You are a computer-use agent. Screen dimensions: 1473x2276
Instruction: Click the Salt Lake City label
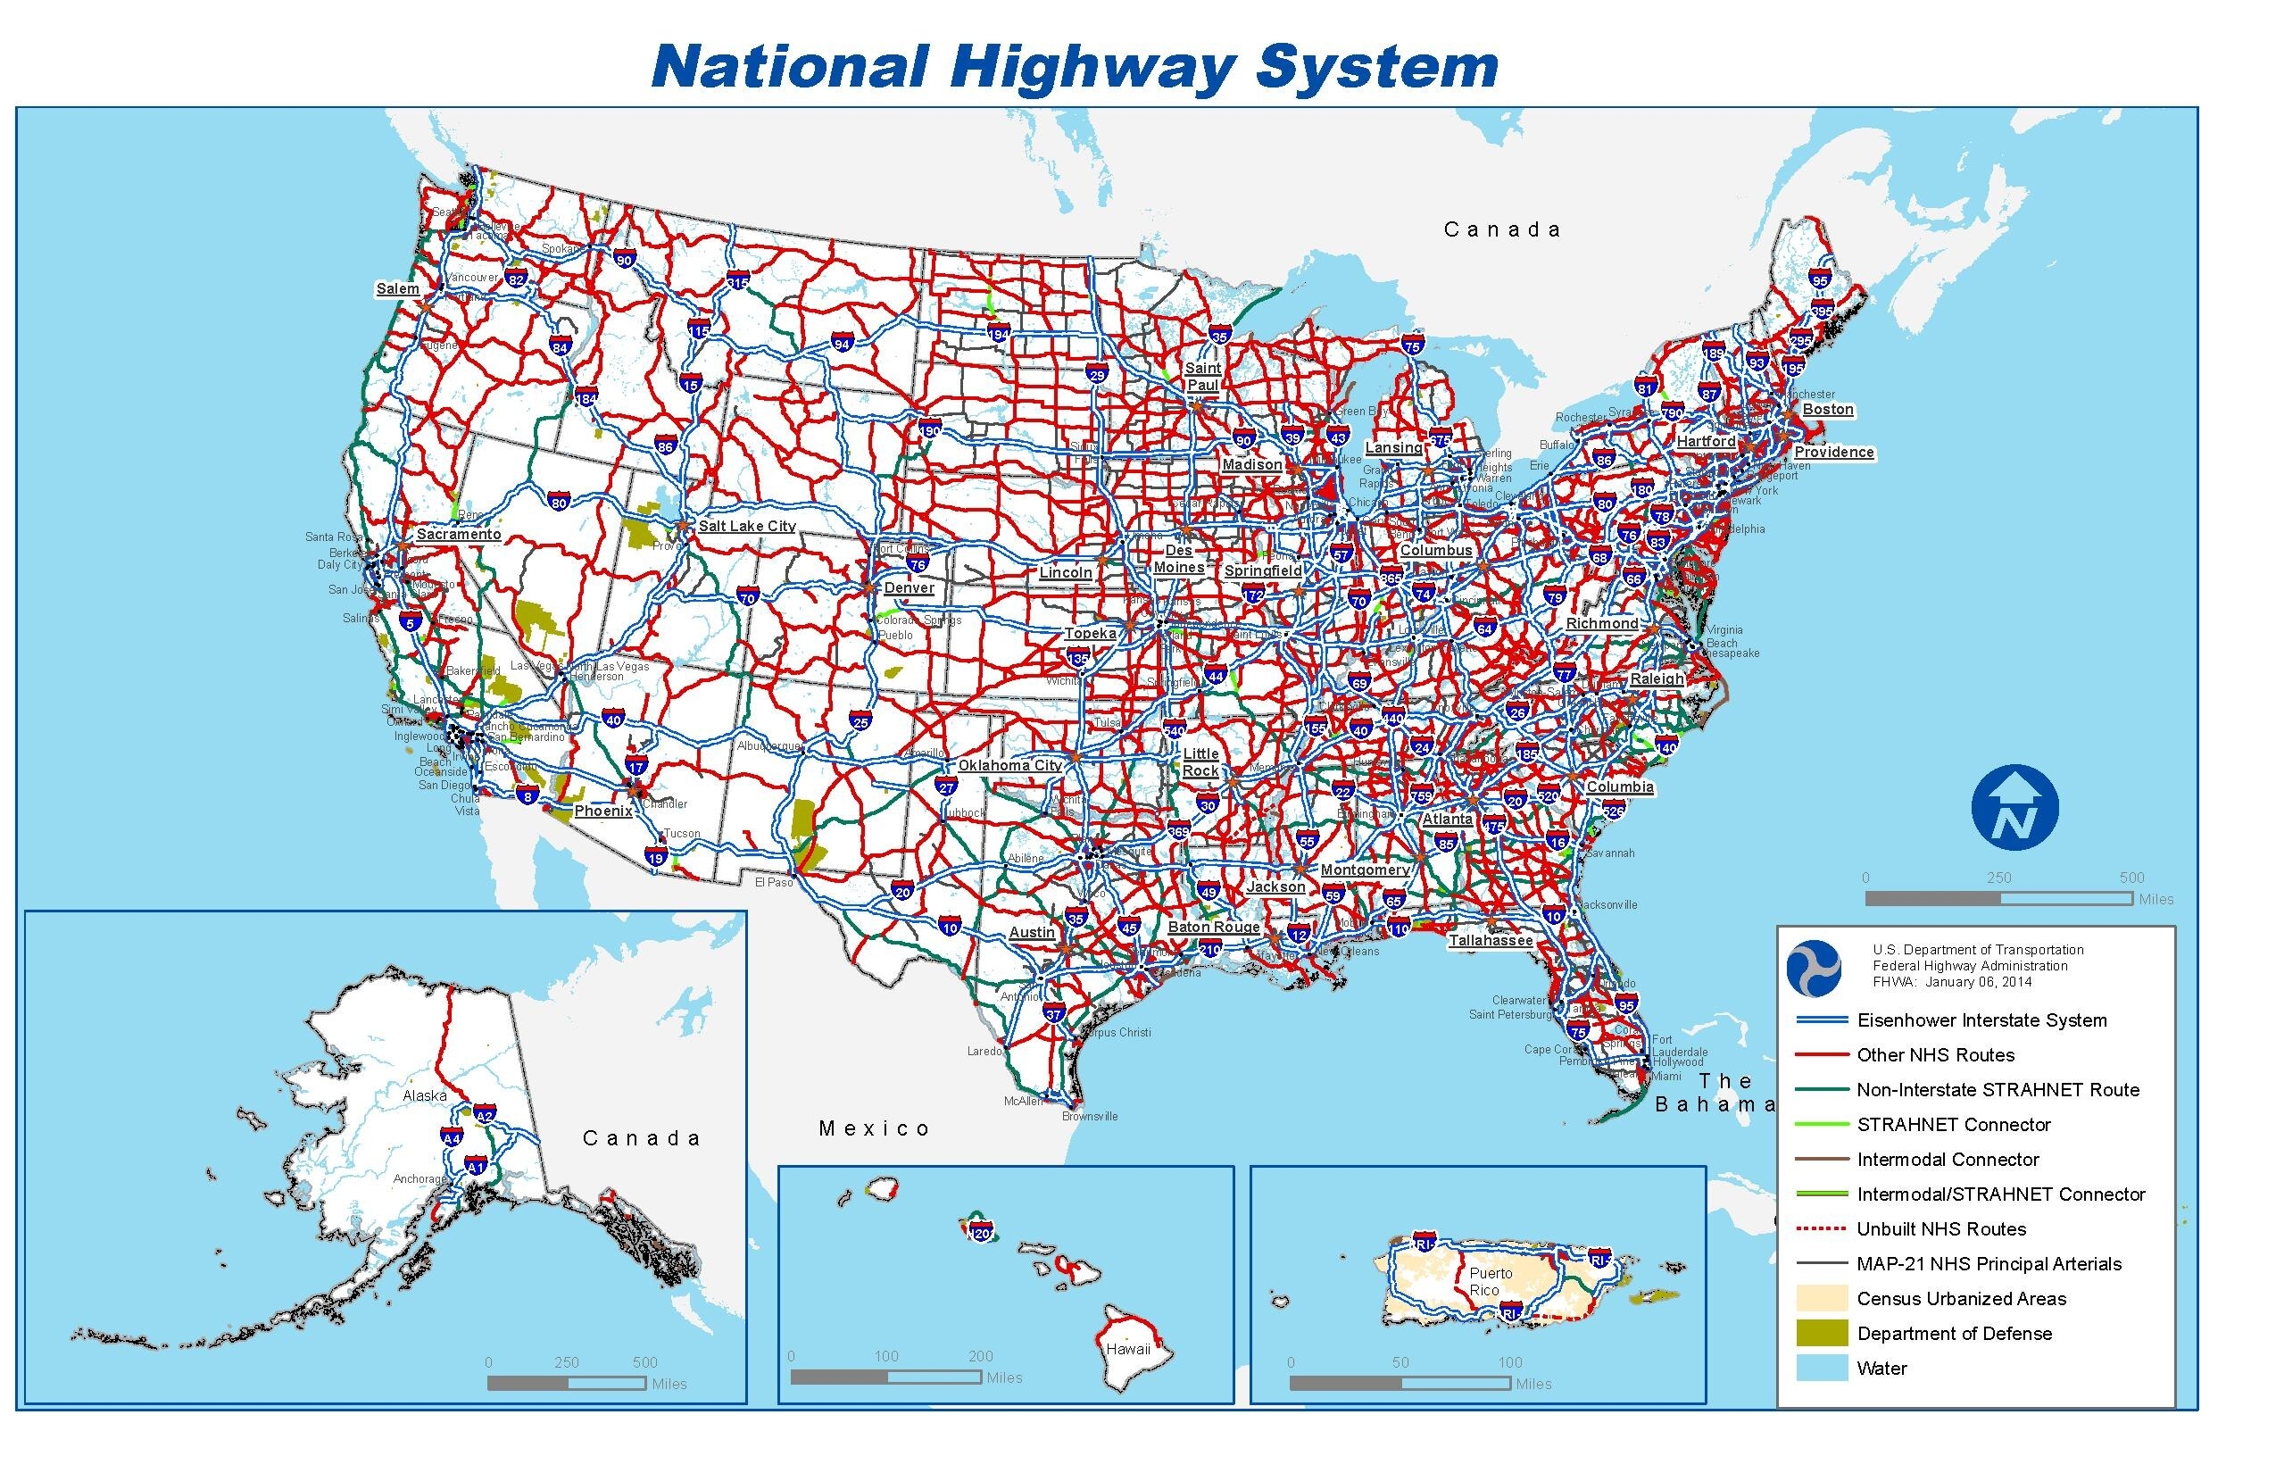click(x=746, y=526)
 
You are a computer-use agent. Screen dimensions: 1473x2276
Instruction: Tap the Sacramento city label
click(x=458, y=534)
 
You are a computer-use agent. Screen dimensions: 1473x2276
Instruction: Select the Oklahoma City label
click(x=1009, y=765)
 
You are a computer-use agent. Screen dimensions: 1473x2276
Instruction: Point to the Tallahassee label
click(x=1490, y=940)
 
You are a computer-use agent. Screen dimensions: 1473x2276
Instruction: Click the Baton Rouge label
click(x=1213, y=927)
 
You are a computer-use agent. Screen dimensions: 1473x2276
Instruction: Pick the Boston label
click(x=1828, y=410)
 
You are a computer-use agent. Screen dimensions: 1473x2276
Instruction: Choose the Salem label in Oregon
click(x=397, y=289)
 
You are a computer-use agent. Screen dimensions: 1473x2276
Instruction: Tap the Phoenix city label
click(x=602, y=811)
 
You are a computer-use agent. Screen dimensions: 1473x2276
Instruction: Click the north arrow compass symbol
click(x=2015, y=808)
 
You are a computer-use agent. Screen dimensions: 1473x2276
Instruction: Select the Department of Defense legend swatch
click(x=1822, y=1334)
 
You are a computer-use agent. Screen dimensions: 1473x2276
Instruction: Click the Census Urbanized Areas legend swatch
click(x=1822, y=1298)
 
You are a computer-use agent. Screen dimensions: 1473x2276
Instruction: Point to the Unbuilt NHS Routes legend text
click(x=1941, y=1229)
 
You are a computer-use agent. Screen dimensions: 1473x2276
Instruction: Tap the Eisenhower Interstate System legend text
click(x=1981, y=1020)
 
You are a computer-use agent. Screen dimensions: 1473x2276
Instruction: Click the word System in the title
click(x=1376, y=67)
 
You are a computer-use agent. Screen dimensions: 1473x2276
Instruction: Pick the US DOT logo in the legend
click(x=1813, y=967)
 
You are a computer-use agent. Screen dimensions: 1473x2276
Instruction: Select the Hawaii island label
click(x=1128, y=1350)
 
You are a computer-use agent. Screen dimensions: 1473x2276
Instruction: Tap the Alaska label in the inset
click(x=425, y=1095)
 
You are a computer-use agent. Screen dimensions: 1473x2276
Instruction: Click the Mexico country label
click(x=874, y=1128)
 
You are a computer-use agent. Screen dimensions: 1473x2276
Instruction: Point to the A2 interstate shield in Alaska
click(x=485, y=1115)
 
